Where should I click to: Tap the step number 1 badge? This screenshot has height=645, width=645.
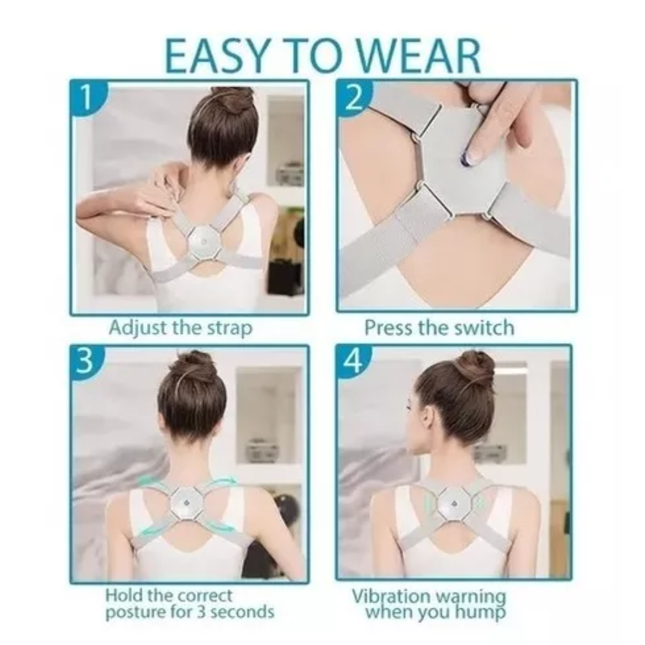[87, 97]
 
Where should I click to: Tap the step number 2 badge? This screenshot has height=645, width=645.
[353, 97]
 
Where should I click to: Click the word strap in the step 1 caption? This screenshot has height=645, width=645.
[229, 329]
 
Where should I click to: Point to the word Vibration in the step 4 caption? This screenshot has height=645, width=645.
[391, 596]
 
